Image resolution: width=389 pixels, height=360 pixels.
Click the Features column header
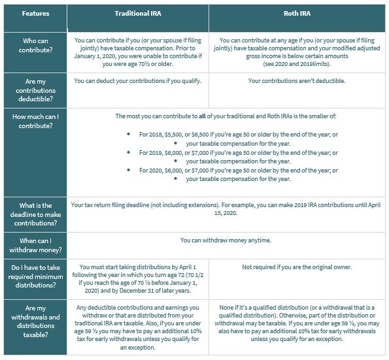[x=34, y=12]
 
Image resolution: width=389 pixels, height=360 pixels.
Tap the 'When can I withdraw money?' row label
[x=34, y=245]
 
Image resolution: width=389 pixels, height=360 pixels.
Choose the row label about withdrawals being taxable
[x=34, y=321]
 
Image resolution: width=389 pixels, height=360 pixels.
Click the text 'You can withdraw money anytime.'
[x=226, y=240]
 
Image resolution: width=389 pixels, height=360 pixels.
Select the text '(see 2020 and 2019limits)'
[x=296, y=65]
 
